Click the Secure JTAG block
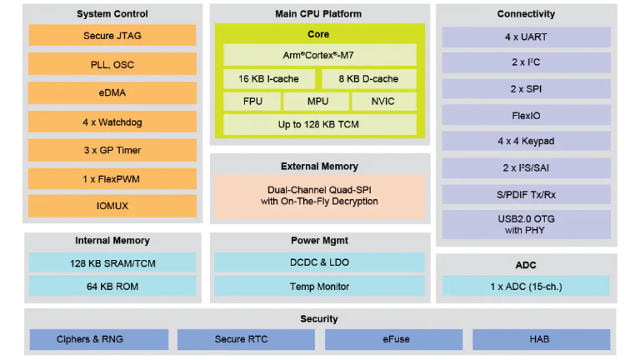(x=112, y=36)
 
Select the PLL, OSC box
(x=112, y=64)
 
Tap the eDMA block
(x=112, y=93)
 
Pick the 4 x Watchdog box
(x=112, y=122)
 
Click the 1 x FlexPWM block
(x=112, y=179)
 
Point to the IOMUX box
(x=112, y=205)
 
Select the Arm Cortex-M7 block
(x=319, y=55)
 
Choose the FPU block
(x=251, y=102)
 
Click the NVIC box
(x=383, y=102)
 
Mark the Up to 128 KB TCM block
(x=319, y=124)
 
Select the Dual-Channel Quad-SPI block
(x=319, y=196)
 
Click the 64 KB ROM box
(x=112, y=287)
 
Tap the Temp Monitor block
(x=319, y=287)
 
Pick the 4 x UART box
(x=525, y=37)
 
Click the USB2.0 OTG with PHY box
(x=525, y=224)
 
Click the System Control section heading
(x=112, y=14)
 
